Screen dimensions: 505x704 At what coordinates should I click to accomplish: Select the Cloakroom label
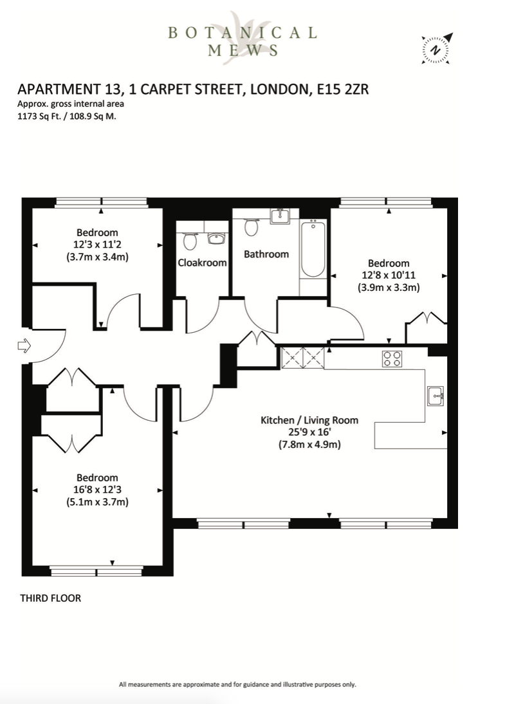[202, 263]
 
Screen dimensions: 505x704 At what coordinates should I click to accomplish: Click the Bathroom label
[266, 254]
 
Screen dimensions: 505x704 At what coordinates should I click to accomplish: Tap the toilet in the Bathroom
[252, 227]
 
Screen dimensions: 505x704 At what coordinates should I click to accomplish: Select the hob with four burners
[392, 358]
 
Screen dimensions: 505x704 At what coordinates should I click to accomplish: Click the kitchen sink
[436, 396]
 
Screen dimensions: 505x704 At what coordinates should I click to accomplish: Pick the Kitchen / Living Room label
[309, 420]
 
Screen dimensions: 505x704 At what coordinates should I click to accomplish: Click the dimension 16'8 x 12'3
[97, 490]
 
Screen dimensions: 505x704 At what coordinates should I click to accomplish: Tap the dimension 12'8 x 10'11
[389, 275]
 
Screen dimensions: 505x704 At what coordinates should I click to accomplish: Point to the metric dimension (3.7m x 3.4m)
[97, 257]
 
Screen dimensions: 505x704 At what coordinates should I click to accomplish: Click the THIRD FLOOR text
[51, 598]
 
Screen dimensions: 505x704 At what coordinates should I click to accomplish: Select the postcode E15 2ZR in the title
[343, 89]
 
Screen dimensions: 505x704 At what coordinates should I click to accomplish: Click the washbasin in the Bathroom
[280, 216]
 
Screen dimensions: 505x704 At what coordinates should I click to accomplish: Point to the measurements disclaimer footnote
[237, 685]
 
